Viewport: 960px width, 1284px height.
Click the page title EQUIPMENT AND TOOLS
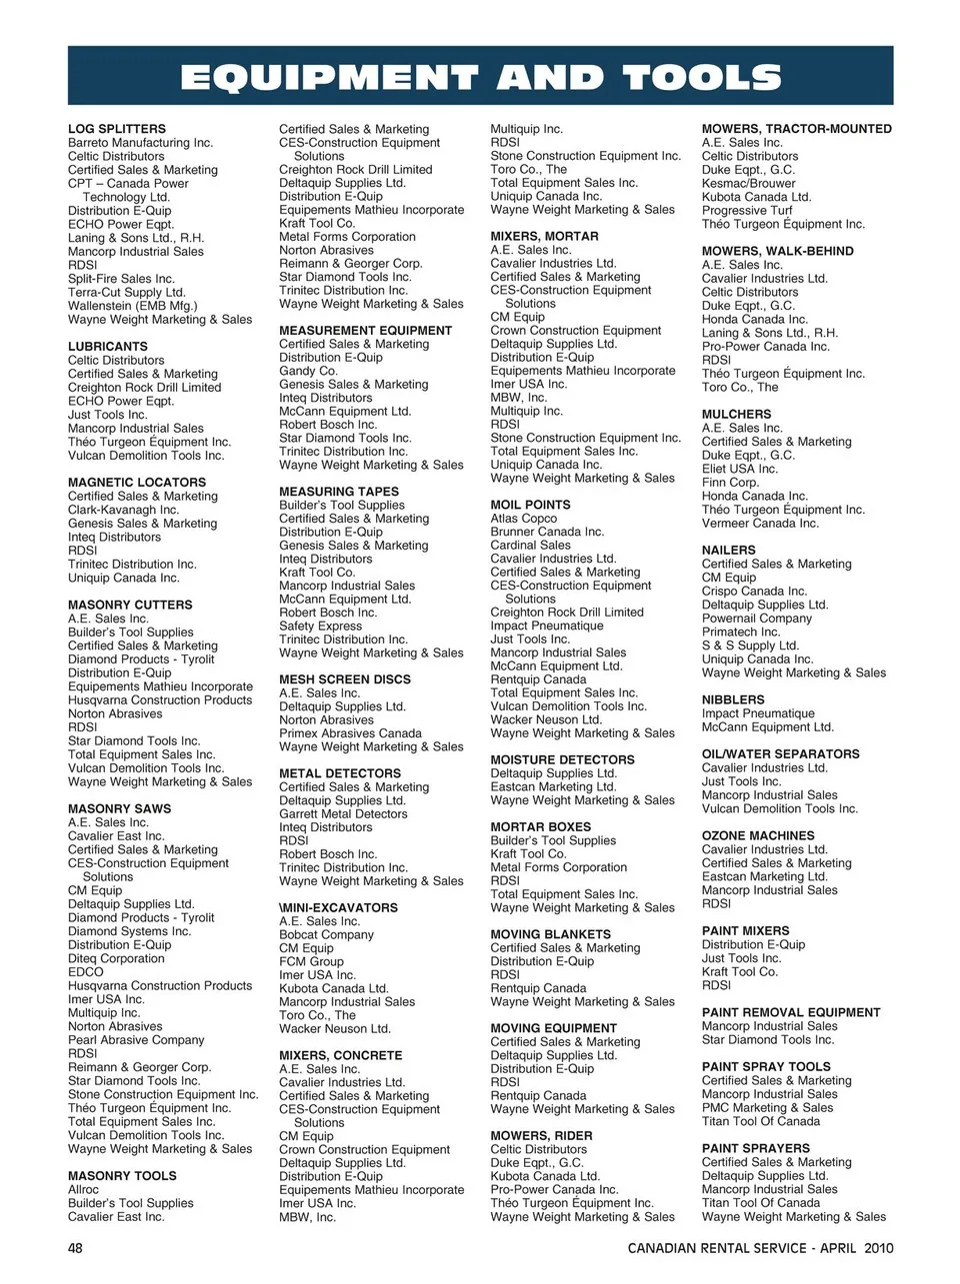pyautogui.click(x=480, y=77)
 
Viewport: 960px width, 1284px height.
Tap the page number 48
pyautogui.click(x=75, y=1247)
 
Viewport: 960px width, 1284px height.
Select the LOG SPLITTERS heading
pyautogui.click(x=117, y=129)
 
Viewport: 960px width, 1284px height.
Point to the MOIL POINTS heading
pyautogui.click(x=530, y=505)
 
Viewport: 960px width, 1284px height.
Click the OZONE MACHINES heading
pyautogui.click(x=758, y=835)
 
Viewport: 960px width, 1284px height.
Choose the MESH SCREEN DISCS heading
pyautogui.click(x=345, y=679)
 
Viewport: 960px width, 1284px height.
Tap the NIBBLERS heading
pyautogui.click(x=733, y=700)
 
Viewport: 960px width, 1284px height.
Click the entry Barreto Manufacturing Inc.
pyautogui.click(x=140, y=143)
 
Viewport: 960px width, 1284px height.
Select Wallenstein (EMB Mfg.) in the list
pyautogui.click(x=132, y=306)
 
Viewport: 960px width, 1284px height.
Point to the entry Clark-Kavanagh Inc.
pyautogui.click(x=123, y=510)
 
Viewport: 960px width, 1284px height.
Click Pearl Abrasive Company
pyautogui.click(x=136, y=1040)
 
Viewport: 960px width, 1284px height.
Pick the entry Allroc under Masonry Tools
pyautogui.click(x=83, y=1190)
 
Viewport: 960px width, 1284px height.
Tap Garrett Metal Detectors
pyautogui.click(x=343, y=814)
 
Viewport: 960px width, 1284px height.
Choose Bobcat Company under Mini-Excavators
pyautogui.click(x=326, y=935)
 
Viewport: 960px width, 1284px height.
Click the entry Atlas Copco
pyautogui.click(x=523, y=519)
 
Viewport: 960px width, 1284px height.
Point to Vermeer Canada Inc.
pyautogui.click(x=760, y=523)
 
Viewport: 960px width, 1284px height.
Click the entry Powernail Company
pyautogui.click(x=757, y=619)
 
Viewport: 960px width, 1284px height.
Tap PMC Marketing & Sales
pyautogui.click(x=767, y=1107)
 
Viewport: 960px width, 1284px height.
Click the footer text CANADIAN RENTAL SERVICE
pyautogui.click(x=717, y=1248)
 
